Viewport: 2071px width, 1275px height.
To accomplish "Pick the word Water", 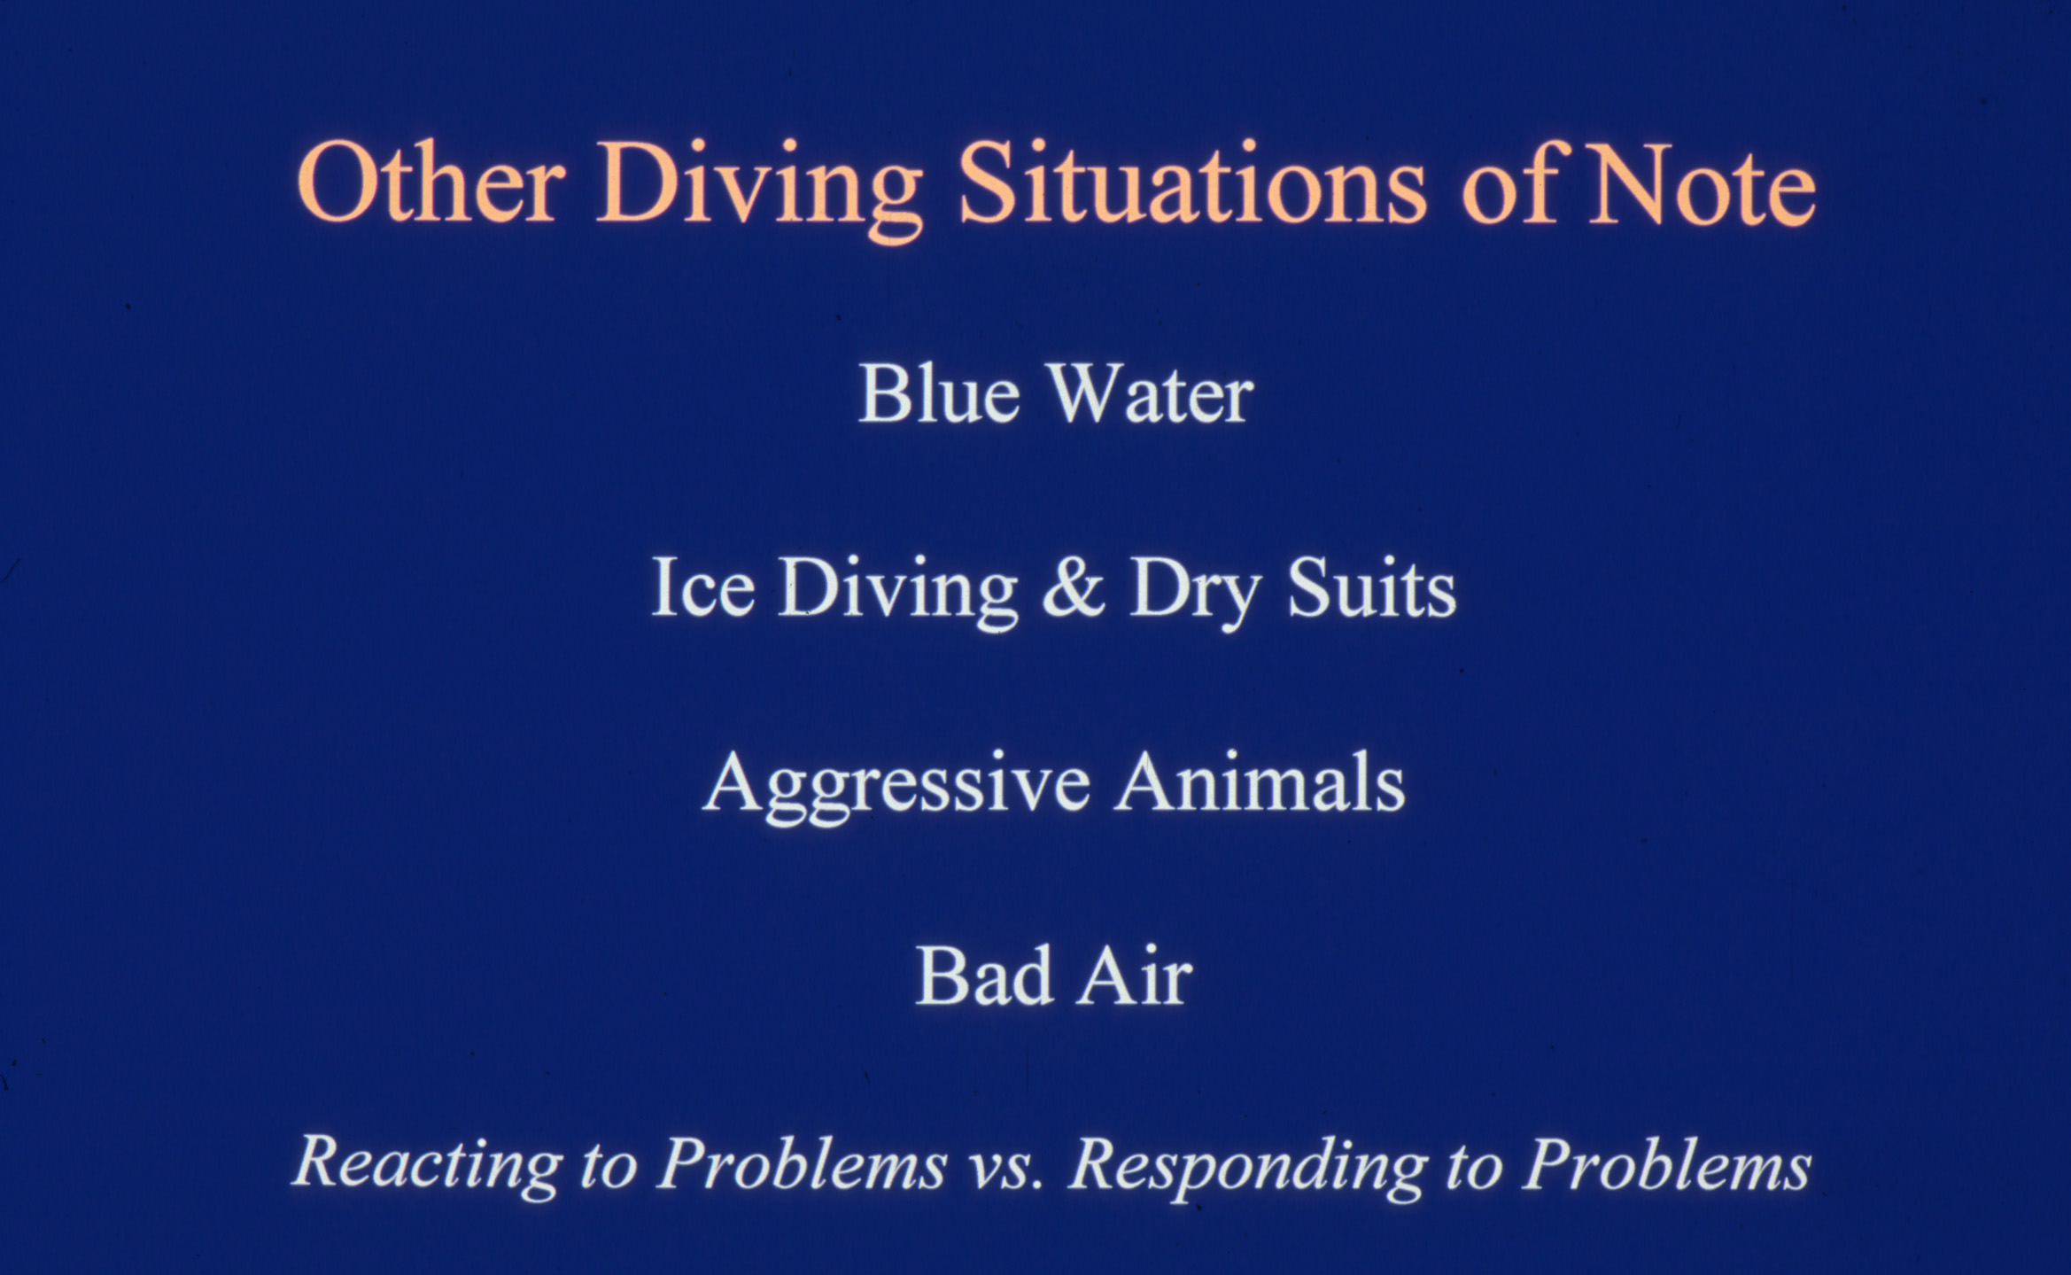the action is [x=1152, y=394].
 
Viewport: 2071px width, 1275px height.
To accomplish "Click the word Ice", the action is [x=702, y=586].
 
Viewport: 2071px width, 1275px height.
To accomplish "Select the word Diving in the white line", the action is [x=897, y=592].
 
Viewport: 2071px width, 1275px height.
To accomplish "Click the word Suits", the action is [x=1371, y=586].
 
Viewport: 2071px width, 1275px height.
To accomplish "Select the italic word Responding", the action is [x=1248, y=1168].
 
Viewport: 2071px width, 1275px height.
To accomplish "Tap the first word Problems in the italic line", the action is [x=803, y=1163].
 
